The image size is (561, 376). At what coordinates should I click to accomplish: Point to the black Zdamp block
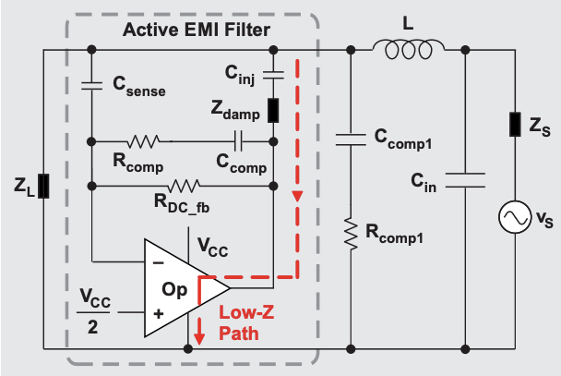coord(274,109)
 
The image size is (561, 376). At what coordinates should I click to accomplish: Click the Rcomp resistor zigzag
coord(145,141)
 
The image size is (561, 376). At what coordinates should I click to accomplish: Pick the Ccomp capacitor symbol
coord(239,141)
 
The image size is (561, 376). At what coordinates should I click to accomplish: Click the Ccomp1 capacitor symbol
coord(352,139)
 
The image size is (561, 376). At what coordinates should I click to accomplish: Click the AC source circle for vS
coord(512,218)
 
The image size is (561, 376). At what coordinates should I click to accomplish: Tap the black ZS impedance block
coord(512,123)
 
